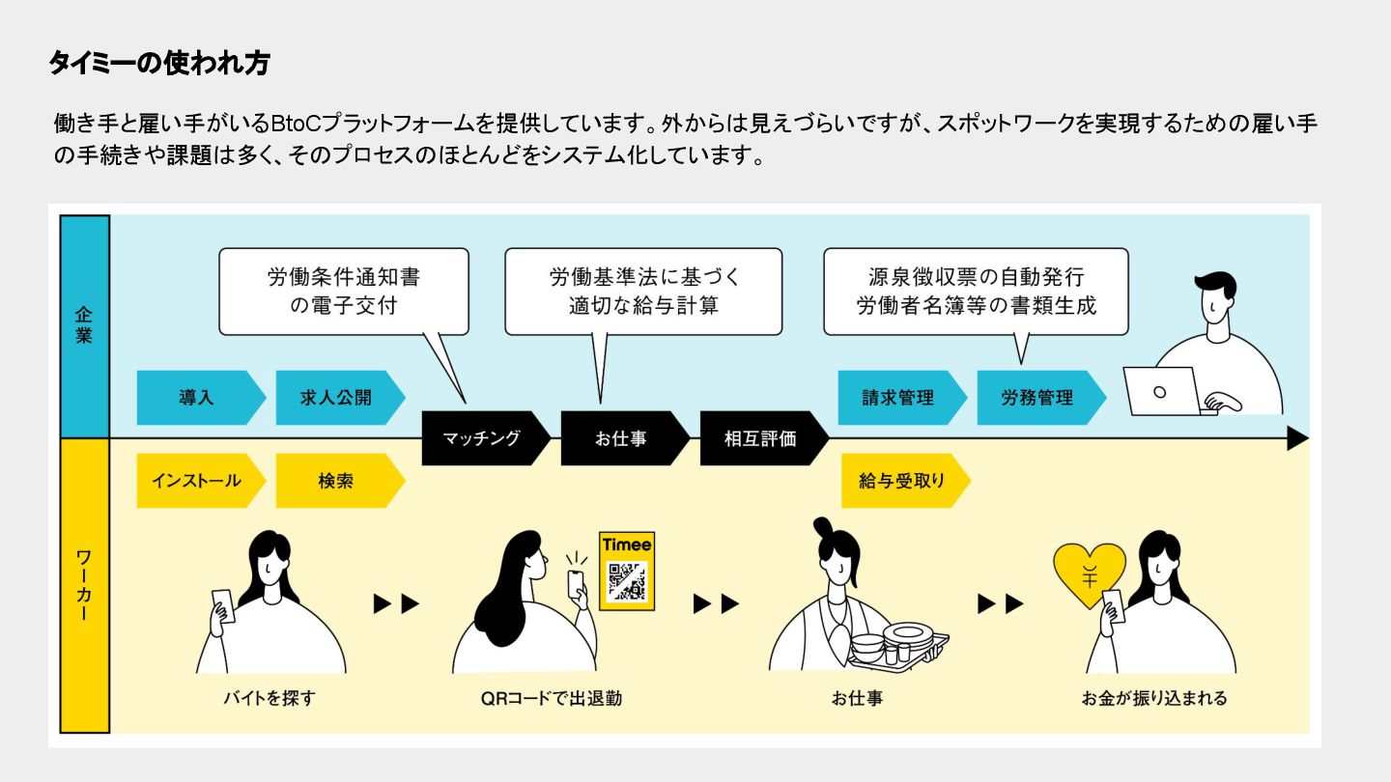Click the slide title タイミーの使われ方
[x=159, y=64]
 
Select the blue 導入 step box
[x=197, y=398]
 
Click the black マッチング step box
[x=482, y=438]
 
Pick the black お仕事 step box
[x=621, y=438]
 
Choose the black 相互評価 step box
[x=760, y=438]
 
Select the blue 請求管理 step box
[x=898, y=398]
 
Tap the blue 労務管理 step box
[x=1037, y=398]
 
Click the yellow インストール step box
[x=197, y=480]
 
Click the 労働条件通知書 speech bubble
[x=344, y=292]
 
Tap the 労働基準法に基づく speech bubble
[x=643, y=292]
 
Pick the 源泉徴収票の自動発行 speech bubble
[x=976, y=292]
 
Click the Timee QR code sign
[x=627, y=571]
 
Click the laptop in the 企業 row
[x=1162, y=391]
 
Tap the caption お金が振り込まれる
[x=1154, y=697]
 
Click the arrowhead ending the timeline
[x=1297, y=439]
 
